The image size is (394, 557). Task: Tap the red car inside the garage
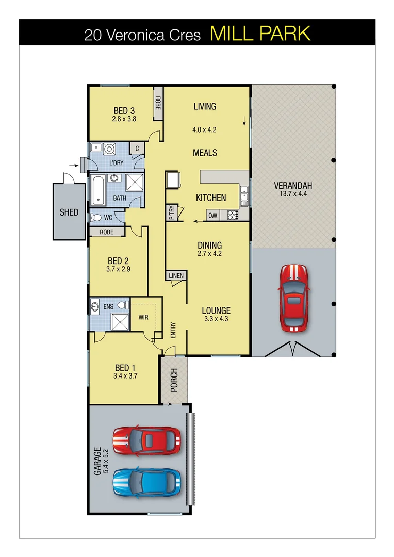(x=147, y=440)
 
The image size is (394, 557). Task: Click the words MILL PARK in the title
(x=260, y=34)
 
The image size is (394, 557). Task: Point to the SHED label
(x=69, y=212)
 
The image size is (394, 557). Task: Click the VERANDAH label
(x=293, y=186)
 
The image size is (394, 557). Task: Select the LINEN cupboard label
(x=176, y=276)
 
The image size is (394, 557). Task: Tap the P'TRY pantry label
(x=171, y=213)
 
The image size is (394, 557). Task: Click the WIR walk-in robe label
(x=143, y=317)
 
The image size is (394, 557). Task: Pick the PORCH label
(x=174, y=380)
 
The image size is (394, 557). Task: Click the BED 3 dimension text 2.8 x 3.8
(x=124, y=119)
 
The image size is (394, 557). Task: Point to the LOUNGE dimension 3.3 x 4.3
(x=216, y=319)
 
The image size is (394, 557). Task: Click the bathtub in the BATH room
(x=98, y=190)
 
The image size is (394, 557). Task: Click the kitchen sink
(x=243, y=194)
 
